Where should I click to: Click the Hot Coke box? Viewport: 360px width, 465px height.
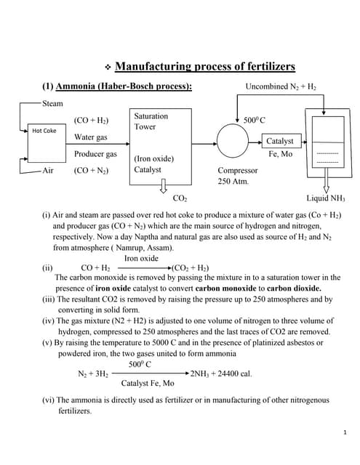tap(44, 131)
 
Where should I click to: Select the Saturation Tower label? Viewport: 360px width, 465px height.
tap(151, 121)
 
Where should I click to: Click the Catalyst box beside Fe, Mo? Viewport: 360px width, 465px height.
tap(280, 141)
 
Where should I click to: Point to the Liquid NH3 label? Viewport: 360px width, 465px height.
tap(327, 198)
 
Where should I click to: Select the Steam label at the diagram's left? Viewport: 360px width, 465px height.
tap(52, 104)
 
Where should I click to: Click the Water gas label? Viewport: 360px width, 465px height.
tap(90, 137)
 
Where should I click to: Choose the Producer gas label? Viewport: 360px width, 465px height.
tap(95, 154)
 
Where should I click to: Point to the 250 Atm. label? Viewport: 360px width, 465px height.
tap(233, 182)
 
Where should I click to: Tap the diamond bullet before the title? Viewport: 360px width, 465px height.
tap(107, 68)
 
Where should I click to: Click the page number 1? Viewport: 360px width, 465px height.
tap(343, 433)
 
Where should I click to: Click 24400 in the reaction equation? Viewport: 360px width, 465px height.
tap(229, 373)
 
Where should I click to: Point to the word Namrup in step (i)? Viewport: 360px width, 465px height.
tap(143, 247)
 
